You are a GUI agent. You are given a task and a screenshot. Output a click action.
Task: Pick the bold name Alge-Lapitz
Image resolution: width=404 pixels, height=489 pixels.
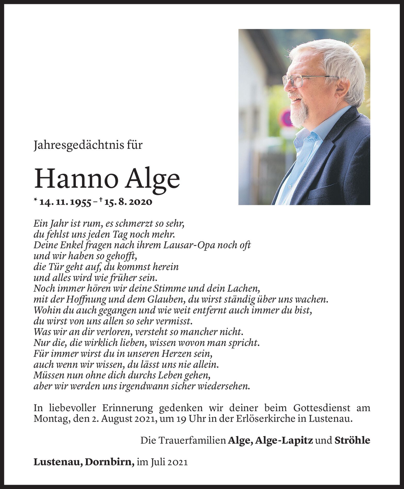pyautogui.click(x=284, y=440)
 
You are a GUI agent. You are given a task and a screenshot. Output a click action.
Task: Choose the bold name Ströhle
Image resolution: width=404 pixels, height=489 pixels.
pyautogui.click(x=352, y=440)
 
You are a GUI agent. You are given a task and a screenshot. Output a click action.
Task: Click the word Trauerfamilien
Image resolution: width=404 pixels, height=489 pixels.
pyautogui.click(x=192, y=440)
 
